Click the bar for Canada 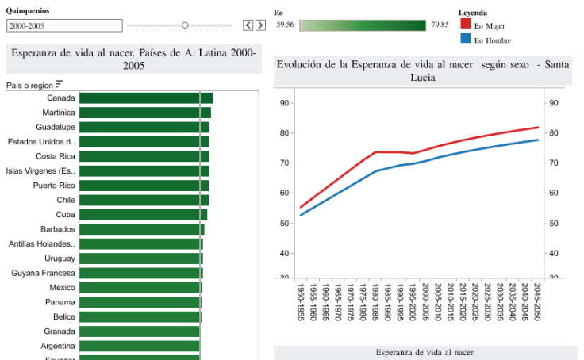146,98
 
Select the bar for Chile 144,200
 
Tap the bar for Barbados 141,229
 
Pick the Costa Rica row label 56,156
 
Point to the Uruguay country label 60,259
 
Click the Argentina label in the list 58,346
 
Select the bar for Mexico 140,287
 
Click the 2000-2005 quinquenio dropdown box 64,25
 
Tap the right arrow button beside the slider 260,25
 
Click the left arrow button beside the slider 248,25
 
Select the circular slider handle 185,25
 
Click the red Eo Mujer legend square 465,25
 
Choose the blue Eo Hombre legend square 465,39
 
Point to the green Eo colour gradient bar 363,25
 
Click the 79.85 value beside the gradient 440,25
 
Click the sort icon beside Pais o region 60,84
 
